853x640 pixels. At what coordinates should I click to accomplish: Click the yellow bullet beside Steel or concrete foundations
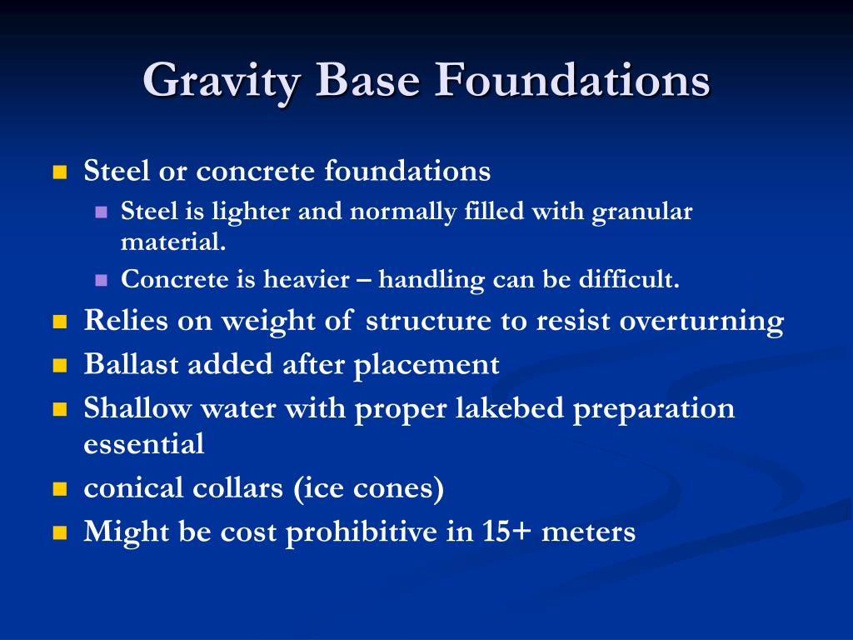pyautogui.click(x=59, y=173)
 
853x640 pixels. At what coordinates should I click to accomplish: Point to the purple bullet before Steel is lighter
pyautogui.click(x=102, y=212)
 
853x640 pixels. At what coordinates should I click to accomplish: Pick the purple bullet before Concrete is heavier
pyautogui.click(x=102, y=281)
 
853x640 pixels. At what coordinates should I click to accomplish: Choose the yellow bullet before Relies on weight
pyautogui.click(x=59, y=322)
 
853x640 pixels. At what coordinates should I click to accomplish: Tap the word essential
pyautogui.click(x=143, y=444)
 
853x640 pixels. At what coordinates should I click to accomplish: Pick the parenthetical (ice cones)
pyautogui.click(x=367, y=488)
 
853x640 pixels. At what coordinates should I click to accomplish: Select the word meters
pyautogui.click(x=588, y=532)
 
